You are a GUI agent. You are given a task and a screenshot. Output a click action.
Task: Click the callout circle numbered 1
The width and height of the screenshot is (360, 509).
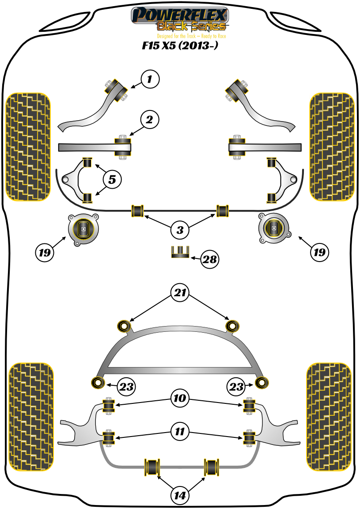[150, 80]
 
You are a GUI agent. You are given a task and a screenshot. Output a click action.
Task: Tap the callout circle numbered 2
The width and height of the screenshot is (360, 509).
[150, 119]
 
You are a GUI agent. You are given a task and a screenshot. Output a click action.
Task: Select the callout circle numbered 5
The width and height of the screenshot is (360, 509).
[113, 179]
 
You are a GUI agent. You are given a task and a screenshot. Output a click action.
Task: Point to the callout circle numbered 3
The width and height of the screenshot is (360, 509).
[180, 230]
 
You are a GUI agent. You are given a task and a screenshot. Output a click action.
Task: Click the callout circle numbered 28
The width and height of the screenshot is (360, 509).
[209, 259]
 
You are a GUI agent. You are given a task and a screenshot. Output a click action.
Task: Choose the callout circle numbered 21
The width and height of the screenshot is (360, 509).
[180, 293]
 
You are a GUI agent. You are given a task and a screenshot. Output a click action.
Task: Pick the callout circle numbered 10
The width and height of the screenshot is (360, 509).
[180, 399]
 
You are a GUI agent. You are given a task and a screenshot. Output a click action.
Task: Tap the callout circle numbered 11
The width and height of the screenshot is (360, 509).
[180, 431]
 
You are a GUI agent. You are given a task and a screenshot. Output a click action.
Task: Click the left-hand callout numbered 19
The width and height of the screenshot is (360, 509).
[45, 252]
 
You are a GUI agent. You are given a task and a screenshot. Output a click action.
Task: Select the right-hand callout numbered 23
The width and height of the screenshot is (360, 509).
[236, 387]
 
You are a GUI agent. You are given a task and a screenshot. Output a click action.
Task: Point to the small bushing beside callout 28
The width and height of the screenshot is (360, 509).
[180, 252]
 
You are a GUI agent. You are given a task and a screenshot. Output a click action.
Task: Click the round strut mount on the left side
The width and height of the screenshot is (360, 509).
[83, 229]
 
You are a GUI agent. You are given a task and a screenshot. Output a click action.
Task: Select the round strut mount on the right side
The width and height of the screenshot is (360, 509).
[274, 228]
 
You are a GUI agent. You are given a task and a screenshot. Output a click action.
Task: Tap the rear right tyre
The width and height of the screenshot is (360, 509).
[329, 417]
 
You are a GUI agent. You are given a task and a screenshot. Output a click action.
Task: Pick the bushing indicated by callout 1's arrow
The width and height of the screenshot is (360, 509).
[114, 86]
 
